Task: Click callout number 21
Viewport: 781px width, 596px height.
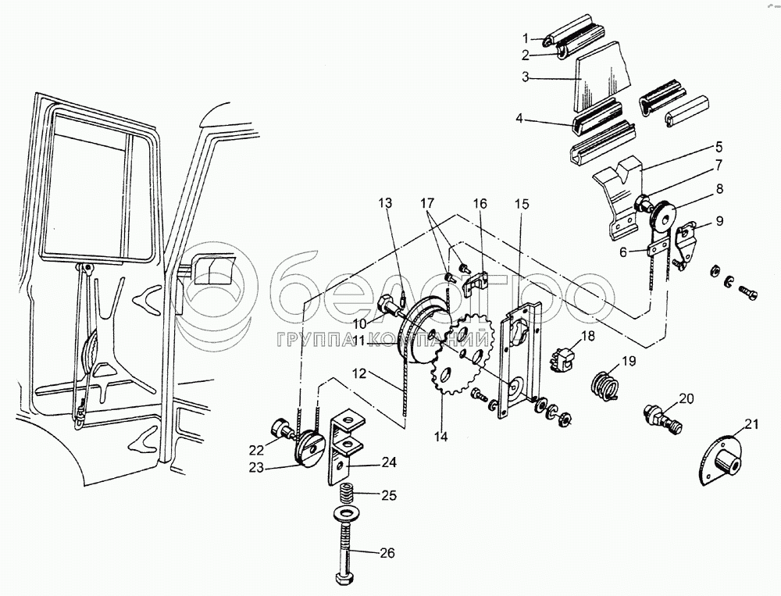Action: [x=751, y=425]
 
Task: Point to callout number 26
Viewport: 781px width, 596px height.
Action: [x=387, y=553]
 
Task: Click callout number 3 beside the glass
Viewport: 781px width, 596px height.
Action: [x=526, y=77]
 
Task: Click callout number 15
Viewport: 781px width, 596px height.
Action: [x=522, y=204]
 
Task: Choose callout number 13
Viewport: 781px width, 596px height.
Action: [x=385, y=203]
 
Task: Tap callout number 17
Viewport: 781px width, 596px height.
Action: [x=427, y=203]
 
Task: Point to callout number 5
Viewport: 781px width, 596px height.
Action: [x=719, y=148]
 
